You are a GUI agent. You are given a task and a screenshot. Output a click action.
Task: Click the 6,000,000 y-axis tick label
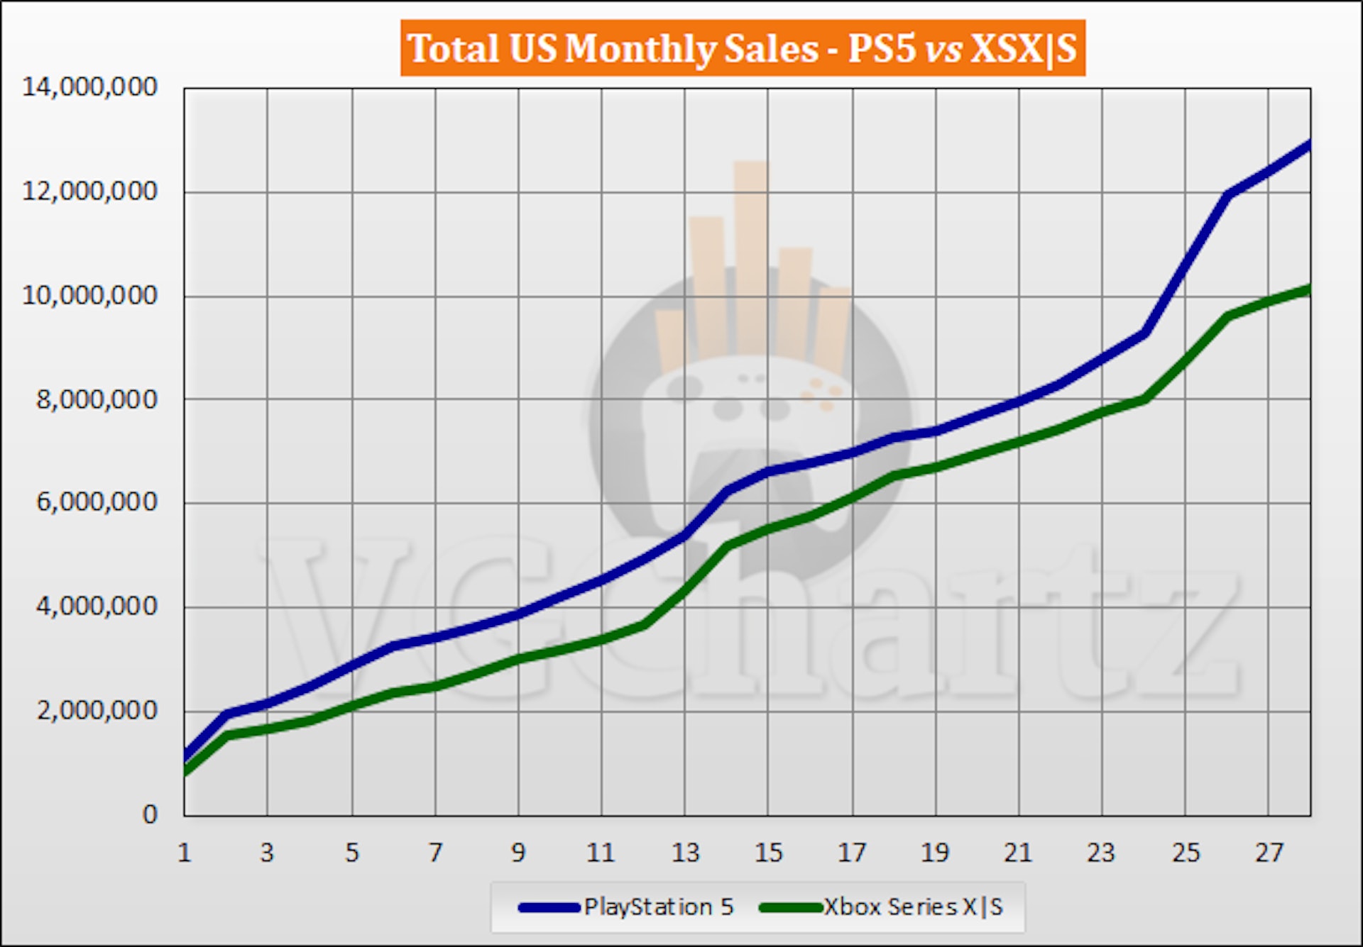pos(97,502)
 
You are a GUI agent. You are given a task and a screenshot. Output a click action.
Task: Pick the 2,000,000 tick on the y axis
pos(97,710)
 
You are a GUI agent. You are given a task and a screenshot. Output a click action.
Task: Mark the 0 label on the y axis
pos(150,814)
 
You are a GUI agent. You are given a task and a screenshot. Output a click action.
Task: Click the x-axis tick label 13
pos(685,852)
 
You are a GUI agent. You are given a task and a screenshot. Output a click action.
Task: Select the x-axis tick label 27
pos(1269,852)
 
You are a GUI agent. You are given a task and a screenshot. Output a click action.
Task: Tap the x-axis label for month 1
pos(185,852)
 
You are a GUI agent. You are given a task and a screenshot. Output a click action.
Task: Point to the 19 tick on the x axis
pos(935,852)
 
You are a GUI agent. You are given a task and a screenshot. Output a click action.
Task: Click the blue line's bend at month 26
pos(1227,194)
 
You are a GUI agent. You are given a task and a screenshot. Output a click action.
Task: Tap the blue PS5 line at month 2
pos(226,714)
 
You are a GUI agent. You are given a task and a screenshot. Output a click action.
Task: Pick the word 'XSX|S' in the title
pos(1023,48)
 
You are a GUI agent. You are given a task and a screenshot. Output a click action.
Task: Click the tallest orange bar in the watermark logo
pos(751,255)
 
